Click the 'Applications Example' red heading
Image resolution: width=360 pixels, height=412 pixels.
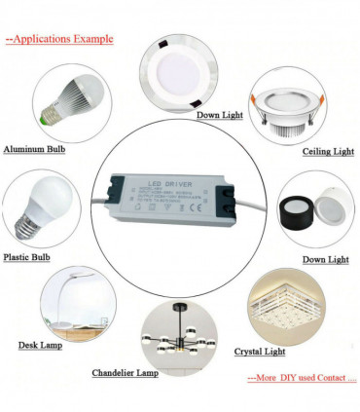coord(57,40)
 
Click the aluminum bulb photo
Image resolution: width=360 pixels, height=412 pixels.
coord(69,101)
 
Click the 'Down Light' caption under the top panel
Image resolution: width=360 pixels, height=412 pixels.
coord(221,115)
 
